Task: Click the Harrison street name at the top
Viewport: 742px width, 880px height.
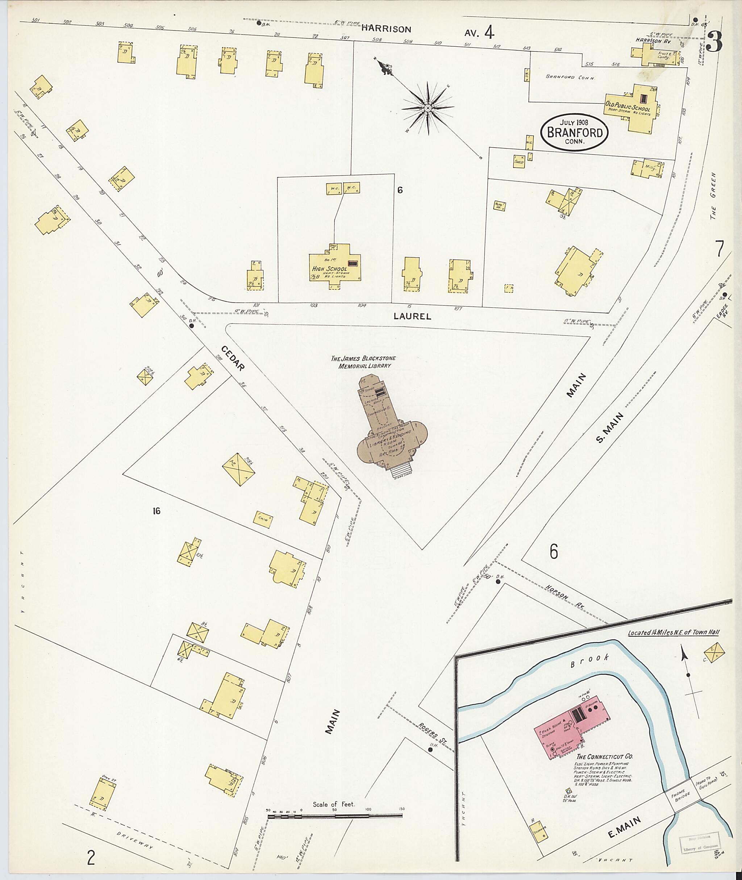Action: pyautogui.click(x=386, y=29)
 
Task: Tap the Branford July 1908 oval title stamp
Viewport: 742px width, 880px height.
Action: pyautogui.click(x=574, y=131)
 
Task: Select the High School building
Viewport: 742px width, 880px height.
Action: pyautogui.click(x=335, y=266)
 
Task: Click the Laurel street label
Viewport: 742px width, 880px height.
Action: pyautogui.click(x=412, y=316)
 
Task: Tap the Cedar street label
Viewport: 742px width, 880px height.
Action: pyautogui.click(x=233, y=358)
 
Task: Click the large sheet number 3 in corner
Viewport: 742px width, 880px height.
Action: pyautogui.click(x=714, y=42)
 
